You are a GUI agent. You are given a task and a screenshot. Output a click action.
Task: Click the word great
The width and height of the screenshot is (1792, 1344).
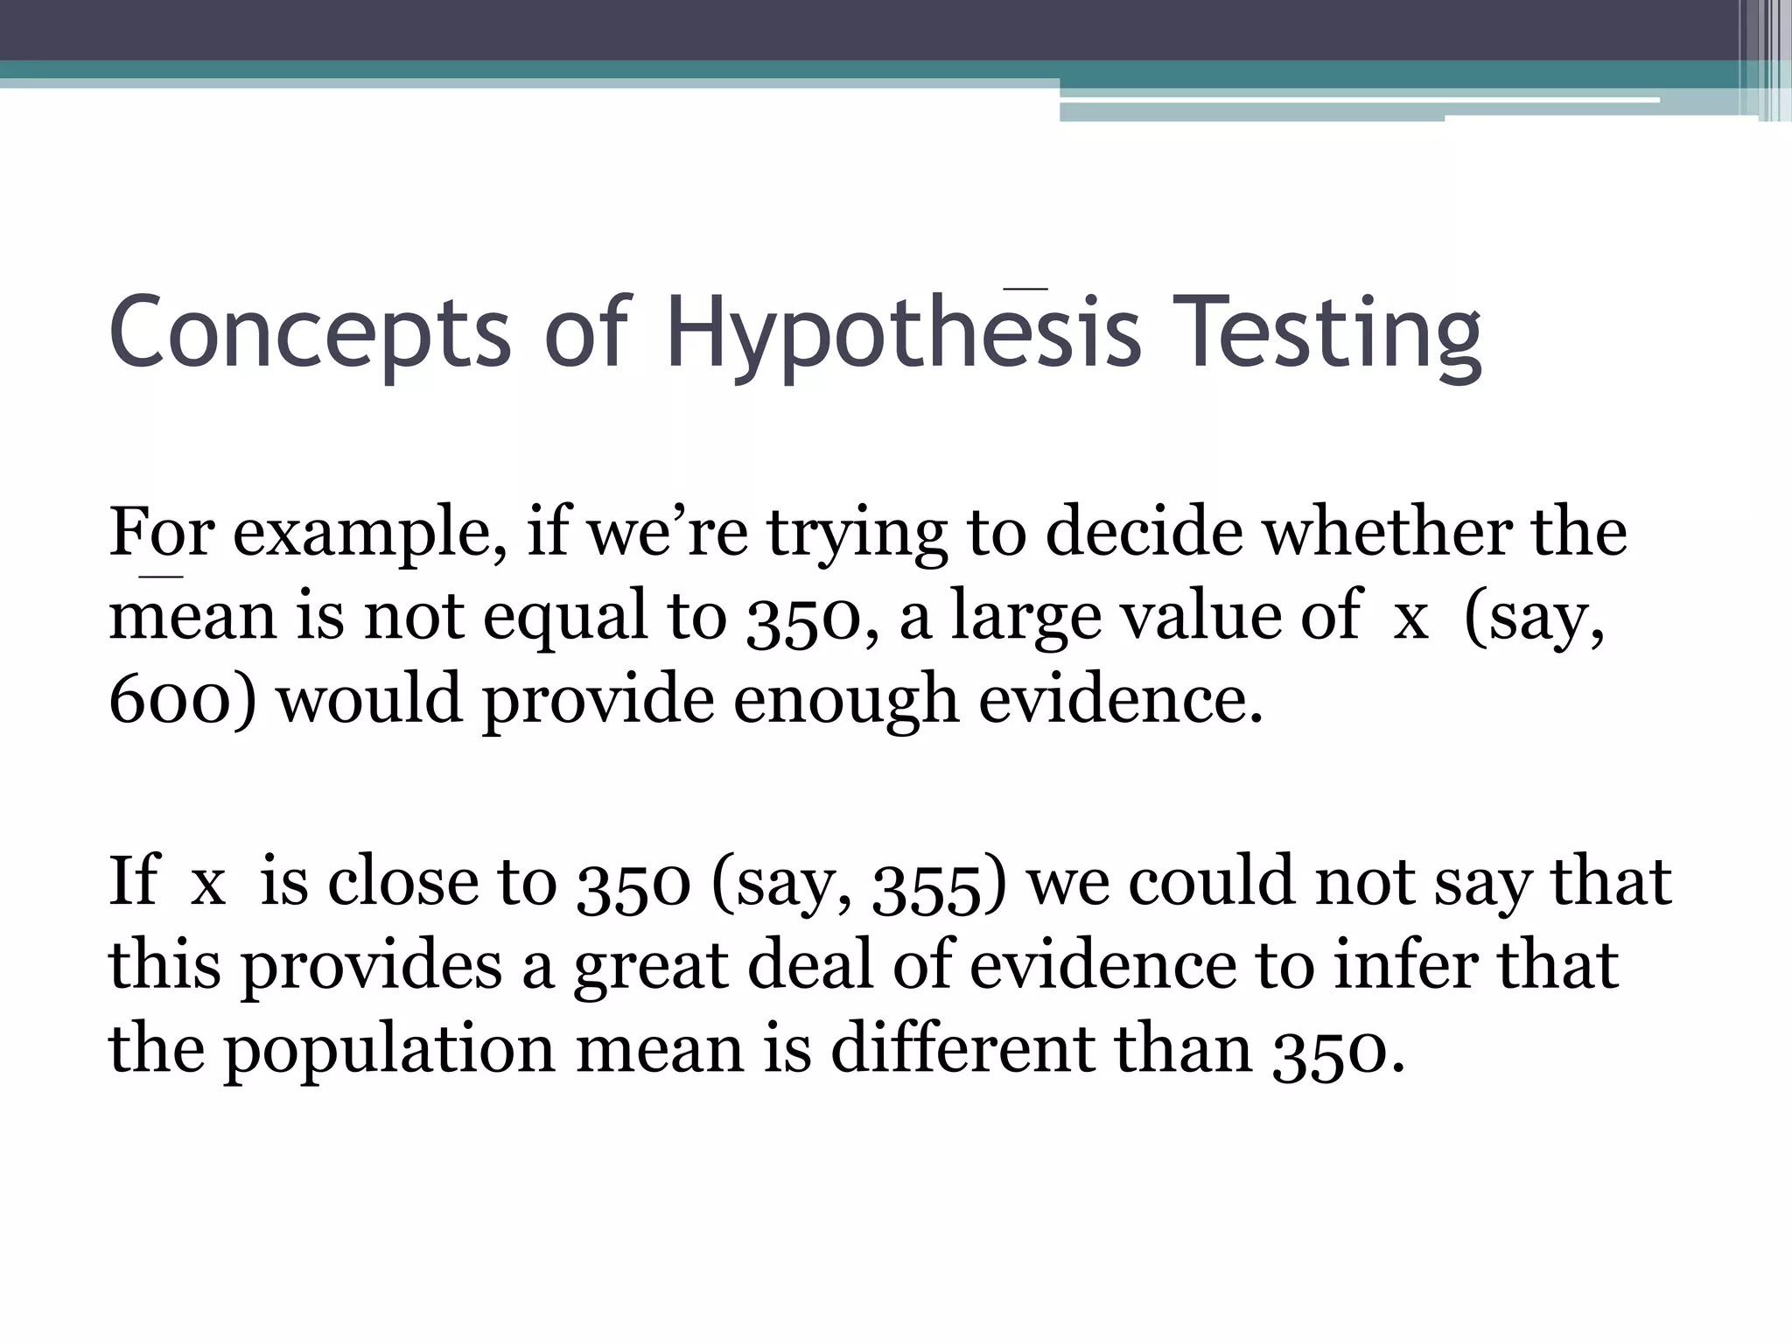(651, 966)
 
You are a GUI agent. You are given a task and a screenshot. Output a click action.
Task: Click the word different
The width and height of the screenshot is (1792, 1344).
(962, 1048)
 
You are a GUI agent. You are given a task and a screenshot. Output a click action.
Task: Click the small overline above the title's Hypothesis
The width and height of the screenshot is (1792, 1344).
(1025, 286)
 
